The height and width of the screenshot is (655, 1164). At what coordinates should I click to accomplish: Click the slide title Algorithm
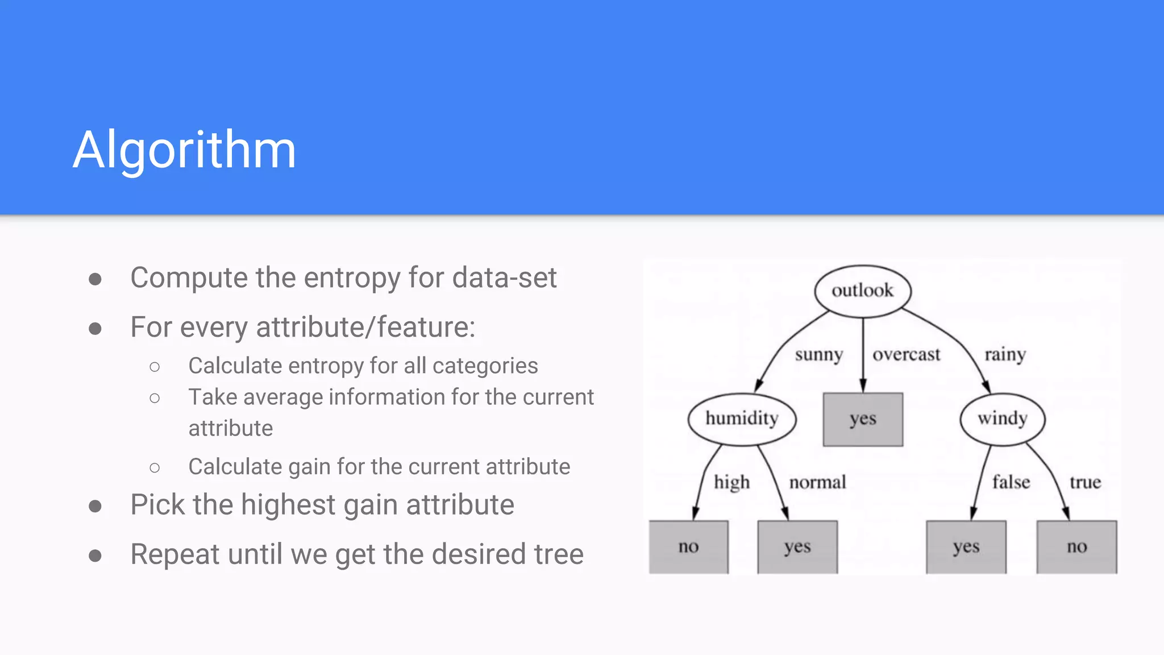185,150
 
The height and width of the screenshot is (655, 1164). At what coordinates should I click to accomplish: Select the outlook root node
862,291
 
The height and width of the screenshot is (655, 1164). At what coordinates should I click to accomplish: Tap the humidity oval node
742,418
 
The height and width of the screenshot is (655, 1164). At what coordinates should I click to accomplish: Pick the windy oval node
1002,418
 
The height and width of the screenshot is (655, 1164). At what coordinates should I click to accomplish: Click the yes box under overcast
863,419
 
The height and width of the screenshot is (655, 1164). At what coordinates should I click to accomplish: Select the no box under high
688,546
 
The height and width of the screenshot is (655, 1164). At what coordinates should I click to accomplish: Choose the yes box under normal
797,546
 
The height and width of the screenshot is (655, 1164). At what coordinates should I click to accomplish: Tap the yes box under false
966,546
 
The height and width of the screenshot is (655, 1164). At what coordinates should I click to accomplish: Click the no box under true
1076,546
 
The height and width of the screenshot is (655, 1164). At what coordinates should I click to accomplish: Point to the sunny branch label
818,355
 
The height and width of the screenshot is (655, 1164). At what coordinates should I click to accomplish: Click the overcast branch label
907,355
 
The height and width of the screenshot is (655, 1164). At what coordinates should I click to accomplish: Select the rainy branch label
1005,355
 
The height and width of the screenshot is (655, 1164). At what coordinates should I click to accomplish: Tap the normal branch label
817,482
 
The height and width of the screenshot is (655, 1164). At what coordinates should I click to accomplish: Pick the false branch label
1011,482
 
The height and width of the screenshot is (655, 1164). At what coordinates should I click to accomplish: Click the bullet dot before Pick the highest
95,506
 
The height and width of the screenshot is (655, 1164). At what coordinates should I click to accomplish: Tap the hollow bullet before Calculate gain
155,467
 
